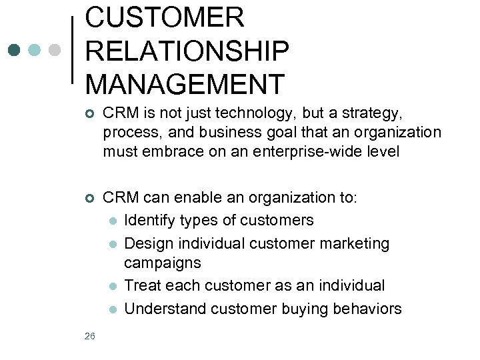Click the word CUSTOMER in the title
click(x=165, y=17)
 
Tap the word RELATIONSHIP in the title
click(x=187, y=51)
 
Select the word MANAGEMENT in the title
click(x=185, y=84)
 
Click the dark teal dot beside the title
click(x=14, y=50)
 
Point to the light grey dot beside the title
click(x=55, y=50)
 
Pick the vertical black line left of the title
click(x=72, y=50)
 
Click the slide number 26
click(x=90, y=336)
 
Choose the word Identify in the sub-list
click(x=150, y=220)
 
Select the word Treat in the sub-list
click(x=141, y=285)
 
